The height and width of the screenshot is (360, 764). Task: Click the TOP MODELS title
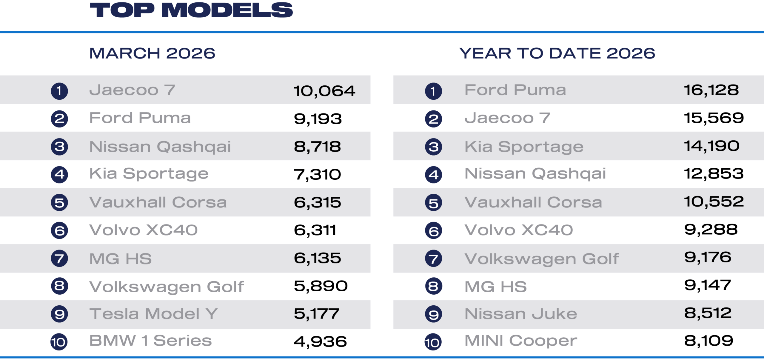click(x=191, y=10)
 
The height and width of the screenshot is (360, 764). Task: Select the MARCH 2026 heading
click(x=152, y=53)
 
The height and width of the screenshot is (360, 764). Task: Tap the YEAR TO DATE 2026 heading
click(x=557, y=53)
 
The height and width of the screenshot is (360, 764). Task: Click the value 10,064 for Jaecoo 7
click(x=324, y=91)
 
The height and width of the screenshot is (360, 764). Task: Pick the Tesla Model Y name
click(x=154, y=314)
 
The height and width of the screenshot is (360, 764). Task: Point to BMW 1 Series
click(x=150, y=341)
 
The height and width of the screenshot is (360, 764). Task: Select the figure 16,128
click(x=711, y=90)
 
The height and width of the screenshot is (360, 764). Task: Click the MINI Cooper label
click(x=521, y=341)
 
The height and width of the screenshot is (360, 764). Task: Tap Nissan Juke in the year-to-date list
click(x=521, y=314)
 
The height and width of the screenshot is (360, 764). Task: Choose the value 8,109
click(x=708, y=341)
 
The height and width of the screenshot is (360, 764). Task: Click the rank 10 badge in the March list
click(x=59, y=342)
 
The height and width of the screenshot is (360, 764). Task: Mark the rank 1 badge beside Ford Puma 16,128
click(x=433, y=91)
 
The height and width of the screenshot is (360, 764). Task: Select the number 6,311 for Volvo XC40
click(x=315, y=230)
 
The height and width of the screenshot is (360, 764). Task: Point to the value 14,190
click(x=711, y=146)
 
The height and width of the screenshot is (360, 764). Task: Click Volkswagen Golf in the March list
click(x=167, y=287)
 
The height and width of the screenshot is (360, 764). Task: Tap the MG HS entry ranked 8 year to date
click(x=496, y=287)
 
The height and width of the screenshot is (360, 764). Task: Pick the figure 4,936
click(x=320, y=341)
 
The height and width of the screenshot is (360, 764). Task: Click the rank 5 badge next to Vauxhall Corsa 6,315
click(x=59, y=203)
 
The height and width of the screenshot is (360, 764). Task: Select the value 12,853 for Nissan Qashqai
click(x=714, y=174)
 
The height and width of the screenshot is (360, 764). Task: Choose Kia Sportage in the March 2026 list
click(x=149, y=174)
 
